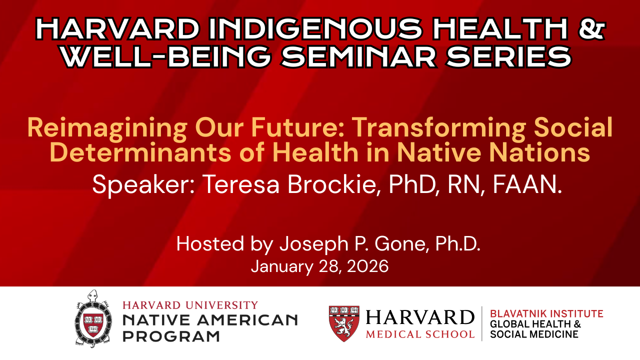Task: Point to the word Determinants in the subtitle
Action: pos(140,152)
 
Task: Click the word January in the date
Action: pos(282,267)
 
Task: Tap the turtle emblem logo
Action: pos(93,319)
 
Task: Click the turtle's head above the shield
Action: pos(92,295)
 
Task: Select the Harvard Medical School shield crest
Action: pos(344,323)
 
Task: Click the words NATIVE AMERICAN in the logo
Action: pos(210,320)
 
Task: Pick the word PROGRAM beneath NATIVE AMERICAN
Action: pos(171,336)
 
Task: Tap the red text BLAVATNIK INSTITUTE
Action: pos(546,313)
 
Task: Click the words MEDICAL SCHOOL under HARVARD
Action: pos(420,334)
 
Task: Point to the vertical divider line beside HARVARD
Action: pos(482,323)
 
